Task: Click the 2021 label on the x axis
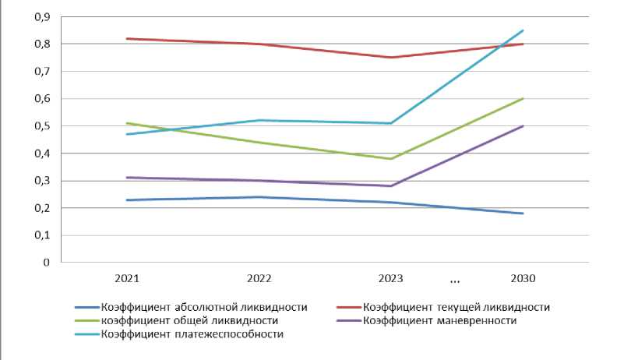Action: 126,277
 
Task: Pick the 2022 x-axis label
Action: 259,277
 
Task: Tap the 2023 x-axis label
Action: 390,277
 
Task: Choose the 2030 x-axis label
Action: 523,277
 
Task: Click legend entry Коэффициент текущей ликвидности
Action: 456,307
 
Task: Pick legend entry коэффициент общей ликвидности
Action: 192,320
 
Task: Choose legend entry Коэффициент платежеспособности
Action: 191,334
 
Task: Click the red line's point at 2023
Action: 390,57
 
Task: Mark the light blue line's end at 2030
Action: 523,30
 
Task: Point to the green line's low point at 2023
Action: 390,159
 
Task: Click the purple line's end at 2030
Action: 523,126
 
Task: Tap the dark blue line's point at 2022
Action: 259,197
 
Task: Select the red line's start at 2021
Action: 126,38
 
